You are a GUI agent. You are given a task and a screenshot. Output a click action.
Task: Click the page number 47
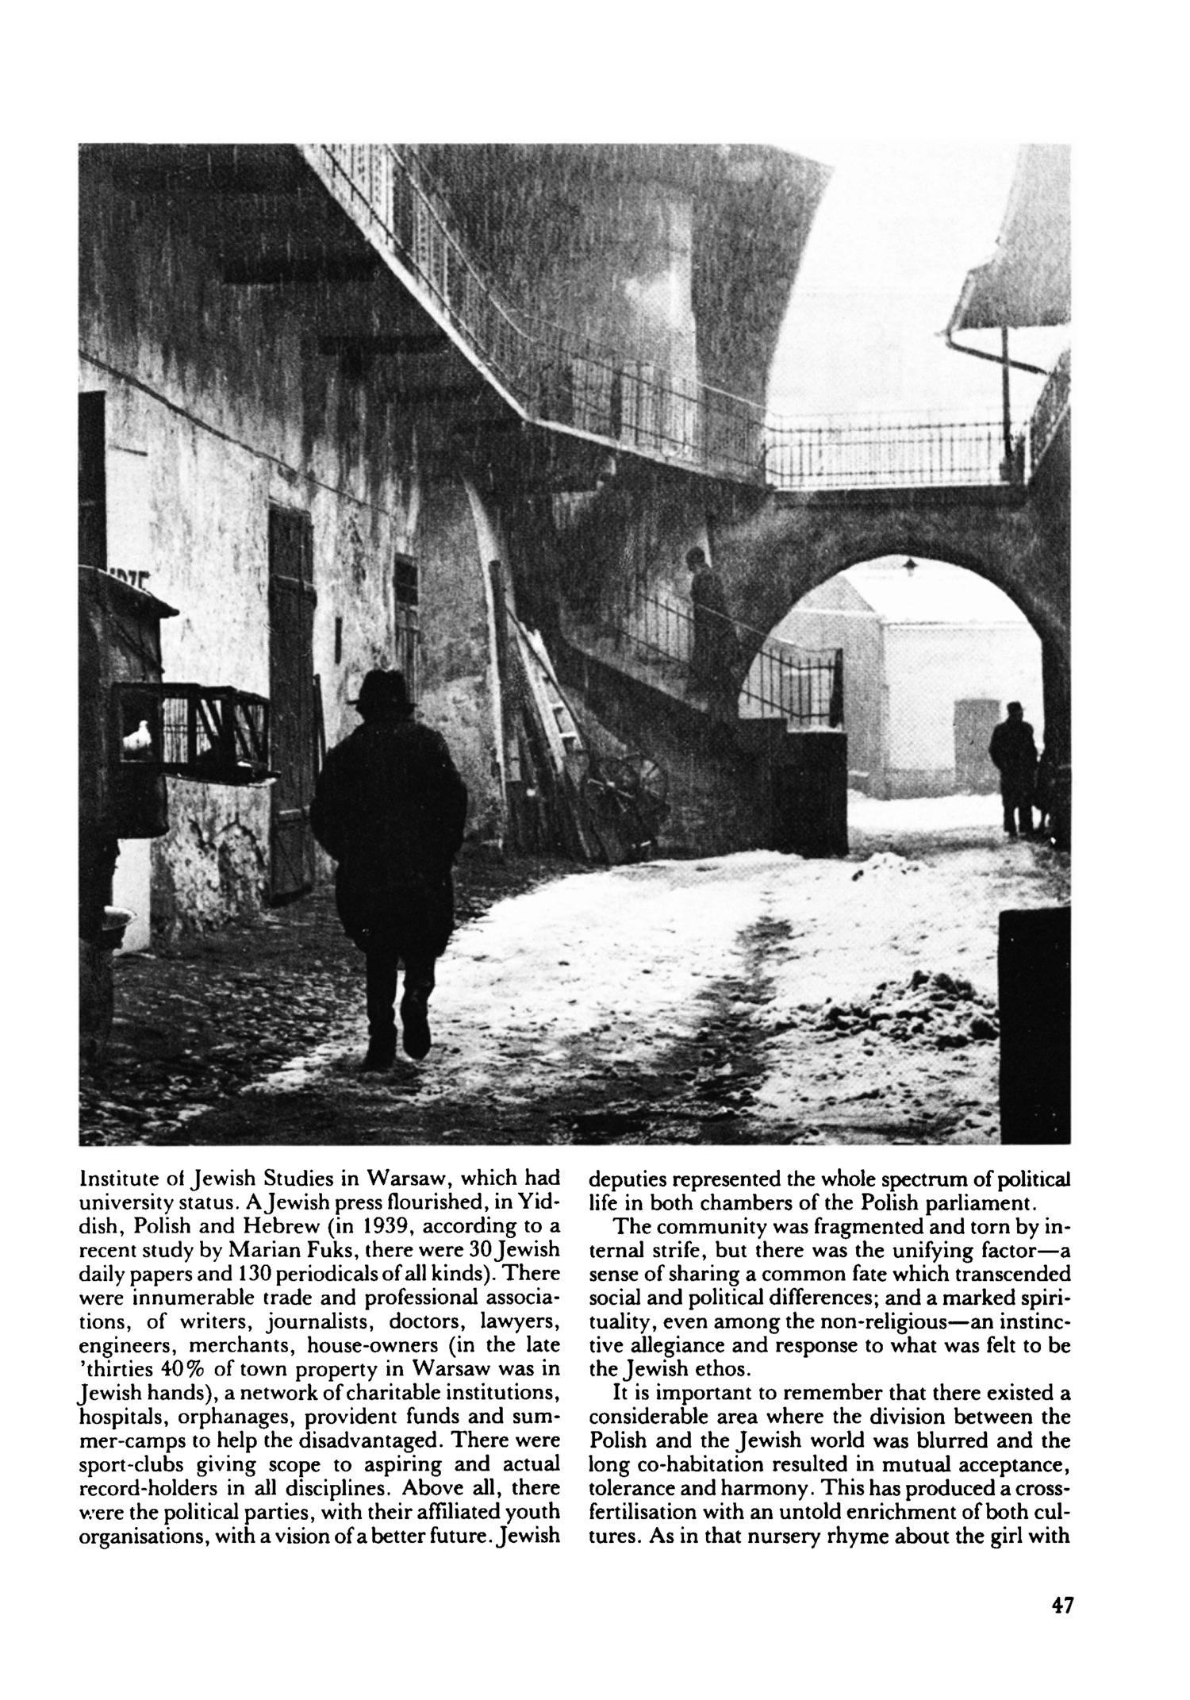pos(1061,1605)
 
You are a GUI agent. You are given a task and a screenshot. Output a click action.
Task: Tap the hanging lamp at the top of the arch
pos(909,564)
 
